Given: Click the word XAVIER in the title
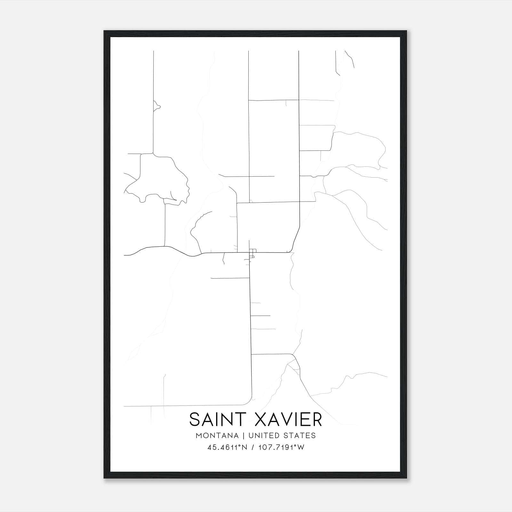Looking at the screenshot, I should coord(288,420).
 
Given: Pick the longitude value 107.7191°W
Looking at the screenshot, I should coord(281,447).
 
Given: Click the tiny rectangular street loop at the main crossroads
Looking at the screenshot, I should coord(253,253).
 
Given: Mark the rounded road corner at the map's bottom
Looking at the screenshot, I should coord(248,402).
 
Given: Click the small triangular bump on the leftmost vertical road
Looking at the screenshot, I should coord(157,106).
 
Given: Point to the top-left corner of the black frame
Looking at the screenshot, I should coord(105,31).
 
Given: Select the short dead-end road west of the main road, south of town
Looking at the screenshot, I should coord(230,278).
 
